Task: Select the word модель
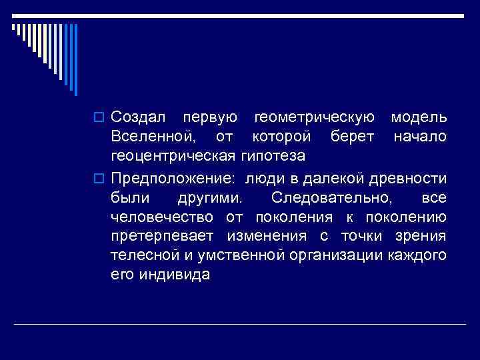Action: pyautogui.click(x=419, y=118)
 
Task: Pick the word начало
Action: pyautogui.click(x=420, y=137)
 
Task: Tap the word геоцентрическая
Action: pyautogui.click(x=173, y=157)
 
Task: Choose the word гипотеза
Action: pyautogui.click(x=272, y=157)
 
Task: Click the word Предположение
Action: pyautogui.click(x=174, y=177)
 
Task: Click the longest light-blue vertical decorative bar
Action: pyautogui.click(x=75, y=60)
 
